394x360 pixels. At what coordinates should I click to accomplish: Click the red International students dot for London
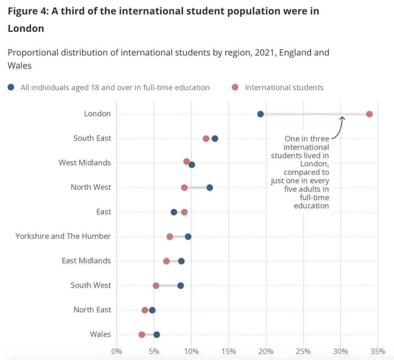coord(369,114)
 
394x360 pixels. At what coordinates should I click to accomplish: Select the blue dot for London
coord(260,114)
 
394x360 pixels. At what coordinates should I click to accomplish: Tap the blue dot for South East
coord(215,138)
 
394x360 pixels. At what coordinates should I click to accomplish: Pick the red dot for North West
coord(184,188)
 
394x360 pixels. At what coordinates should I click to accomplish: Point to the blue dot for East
coord(174,212)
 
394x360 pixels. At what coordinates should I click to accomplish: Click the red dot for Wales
coord(142,334)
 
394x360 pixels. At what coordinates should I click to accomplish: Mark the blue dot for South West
coord(181,286)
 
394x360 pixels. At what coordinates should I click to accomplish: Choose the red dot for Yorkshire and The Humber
coord(170,237)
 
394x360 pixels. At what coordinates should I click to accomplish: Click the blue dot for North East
coord(152,310)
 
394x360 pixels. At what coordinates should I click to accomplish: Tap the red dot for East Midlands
coord(166,261)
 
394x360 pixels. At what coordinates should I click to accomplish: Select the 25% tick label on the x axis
coord(303,351)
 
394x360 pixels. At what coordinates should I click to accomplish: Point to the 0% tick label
coord(116,351)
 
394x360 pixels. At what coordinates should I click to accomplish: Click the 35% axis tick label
coord(378,351)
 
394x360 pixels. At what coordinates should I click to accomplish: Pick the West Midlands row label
coord(85,162)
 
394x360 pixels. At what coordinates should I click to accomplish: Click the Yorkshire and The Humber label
coord(63,236)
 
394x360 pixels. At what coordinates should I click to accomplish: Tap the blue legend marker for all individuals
coord(11,87)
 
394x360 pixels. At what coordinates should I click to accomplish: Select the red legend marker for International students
coord(235,87)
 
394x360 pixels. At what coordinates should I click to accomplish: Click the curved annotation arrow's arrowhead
coord(342,118)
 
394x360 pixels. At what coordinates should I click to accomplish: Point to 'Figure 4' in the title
coord(27,11)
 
